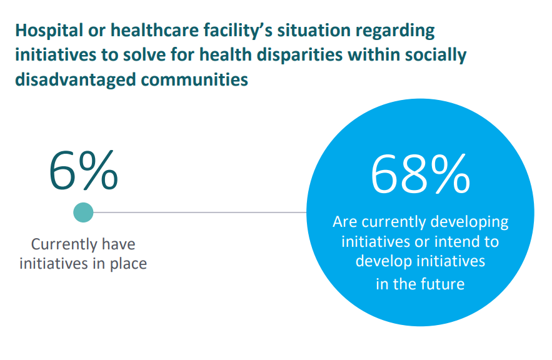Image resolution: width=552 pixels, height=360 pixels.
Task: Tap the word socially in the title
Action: (437, 55)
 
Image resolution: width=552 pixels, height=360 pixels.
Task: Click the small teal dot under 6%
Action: (83, 212)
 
